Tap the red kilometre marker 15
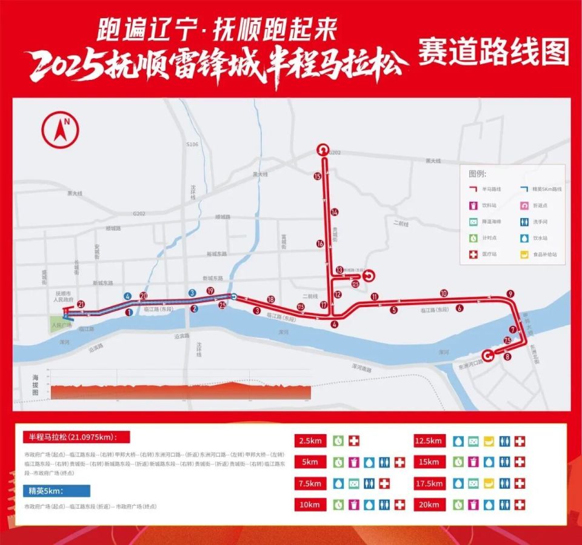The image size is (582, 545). (316, 176)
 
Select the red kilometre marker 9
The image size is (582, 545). (510, 294)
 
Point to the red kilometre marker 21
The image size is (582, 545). (81, 304)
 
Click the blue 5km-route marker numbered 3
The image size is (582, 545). (192, 293)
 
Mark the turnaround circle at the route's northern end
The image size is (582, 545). (322, 150)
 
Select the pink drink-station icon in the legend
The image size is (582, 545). (473, 206)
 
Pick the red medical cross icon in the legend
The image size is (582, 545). (473, 255)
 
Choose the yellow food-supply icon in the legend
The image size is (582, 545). (523, 255)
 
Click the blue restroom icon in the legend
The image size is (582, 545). (523, 222)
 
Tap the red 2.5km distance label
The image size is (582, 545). (311, 441)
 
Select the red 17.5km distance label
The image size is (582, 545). (430, 483)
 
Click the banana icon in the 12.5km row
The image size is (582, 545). (489, 441)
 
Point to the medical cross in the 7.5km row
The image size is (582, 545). (384, 483)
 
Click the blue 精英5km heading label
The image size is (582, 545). (56, 490)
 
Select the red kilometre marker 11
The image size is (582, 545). (375, 297)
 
